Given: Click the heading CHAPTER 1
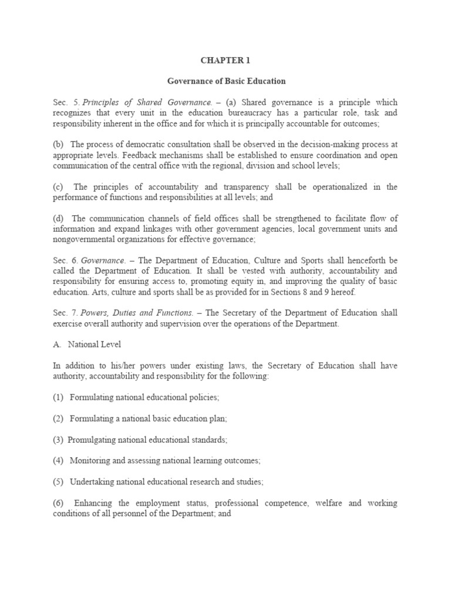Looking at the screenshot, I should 225,59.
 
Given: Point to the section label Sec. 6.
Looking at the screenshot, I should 63,260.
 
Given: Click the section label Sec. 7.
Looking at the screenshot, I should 63,313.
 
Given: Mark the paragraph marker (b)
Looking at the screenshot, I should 58,145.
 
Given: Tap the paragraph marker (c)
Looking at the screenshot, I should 58,187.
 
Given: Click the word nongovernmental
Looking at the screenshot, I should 85,240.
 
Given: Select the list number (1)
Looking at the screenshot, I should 58,397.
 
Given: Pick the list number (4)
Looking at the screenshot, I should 58,460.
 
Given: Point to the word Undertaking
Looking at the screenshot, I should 92,481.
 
